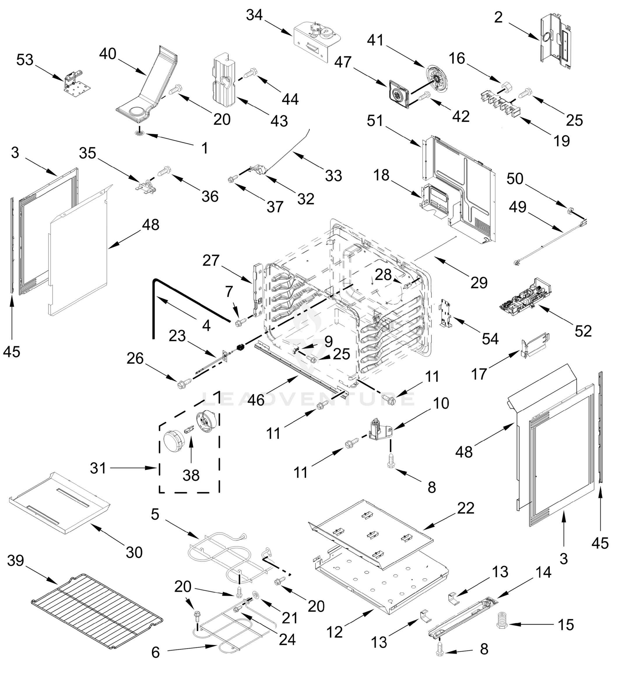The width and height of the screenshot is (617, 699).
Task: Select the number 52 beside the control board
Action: pos(583,331)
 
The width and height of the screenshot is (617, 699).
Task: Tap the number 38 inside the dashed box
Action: pos(191,475)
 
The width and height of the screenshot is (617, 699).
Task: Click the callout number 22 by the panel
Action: pos(465,508)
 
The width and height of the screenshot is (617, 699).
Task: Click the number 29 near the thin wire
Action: pos(479,283)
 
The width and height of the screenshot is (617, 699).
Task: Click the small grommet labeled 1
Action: pos(139,133)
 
